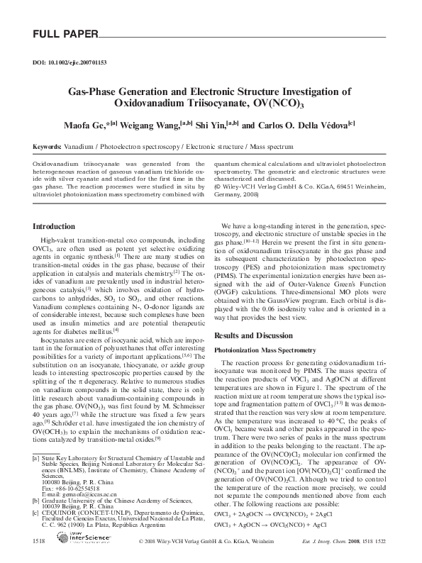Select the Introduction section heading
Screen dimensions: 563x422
[55, 227]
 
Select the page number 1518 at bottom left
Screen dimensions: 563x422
[40, 541]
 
